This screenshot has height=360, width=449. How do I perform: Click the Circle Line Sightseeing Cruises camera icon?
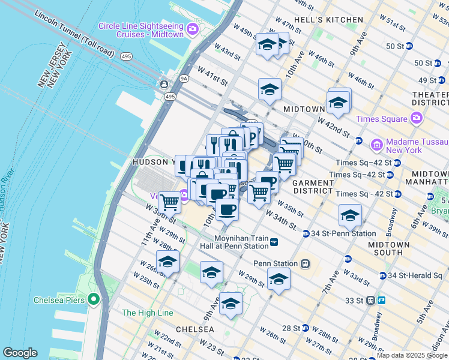click(193, 28)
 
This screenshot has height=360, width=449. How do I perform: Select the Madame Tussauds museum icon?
click(376, 145)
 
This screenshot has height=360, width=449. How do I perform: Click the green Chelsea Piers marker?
click(93, 299)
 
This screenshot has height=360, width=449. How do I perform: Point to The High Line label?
click(147, 313)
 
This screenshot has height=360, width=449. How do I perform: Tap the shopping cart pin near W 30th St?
click(169, 202)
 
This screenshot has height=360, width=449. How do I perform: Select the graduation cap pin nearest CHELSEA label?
click(231, 303)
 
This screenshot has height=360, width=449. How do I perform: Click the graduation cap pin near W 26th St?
click(167, 261)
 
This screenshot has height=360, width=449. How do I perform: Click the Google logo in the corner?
click(20, 353)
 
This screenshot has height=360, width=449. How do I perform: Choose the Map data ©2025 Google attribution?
click(412, 355)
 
